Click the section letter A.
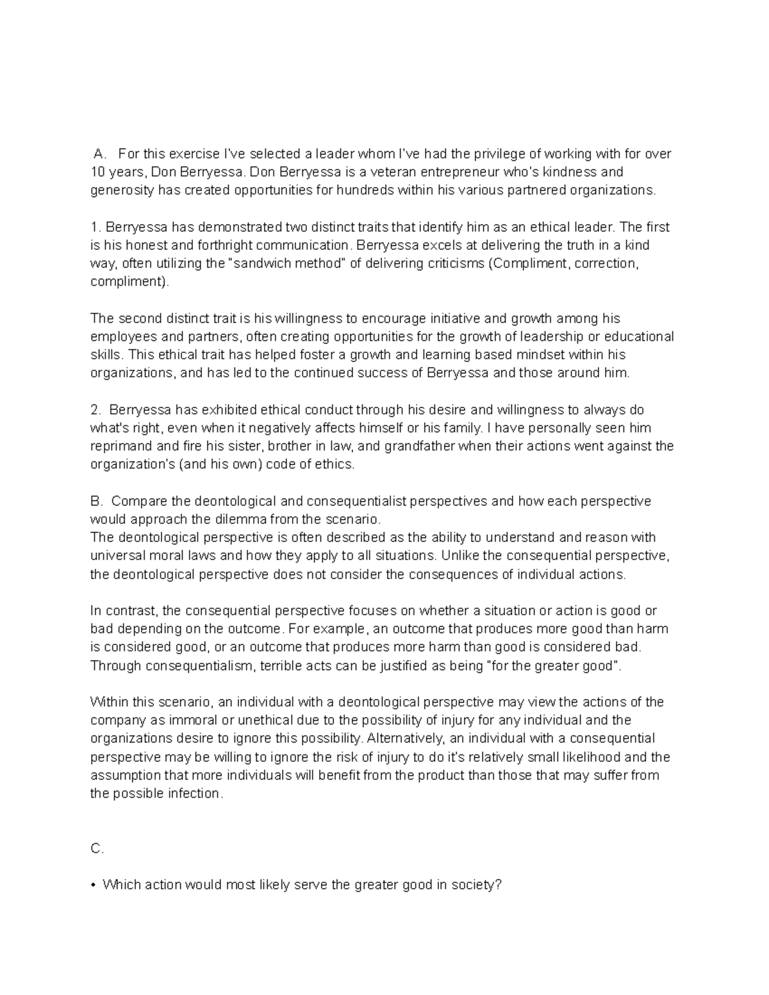pyautogui.click(x=98, y=154)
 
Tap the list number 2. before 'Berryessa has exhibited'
pyautogui.click(x=95, y=410)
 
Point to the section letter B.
pyautogui.click(x=97, y=501)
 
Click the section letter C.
pyautogui.click(x=97, y=849)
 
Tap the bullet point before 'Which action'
pyautogui.click(x=94, y=886)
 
